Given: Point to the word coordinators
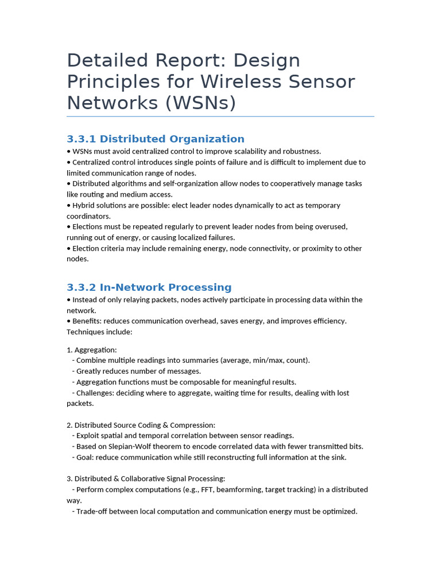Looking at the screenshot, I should (88, 216).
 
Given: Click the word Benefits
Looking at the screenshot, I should (88, 321).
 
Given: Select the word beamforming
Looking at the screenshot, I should (261, 490).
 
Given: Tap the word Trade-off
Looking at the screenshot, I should (93, 511).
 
